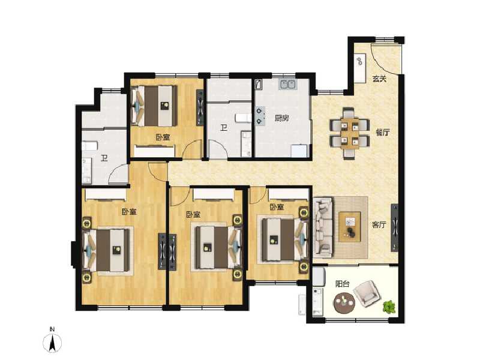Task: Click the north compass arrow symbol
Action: [53, 343]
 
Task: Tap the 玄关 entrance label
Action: [378, 79]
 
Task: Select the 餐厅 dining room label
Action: [383, 133]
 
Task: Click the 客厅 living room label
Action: [378, 225]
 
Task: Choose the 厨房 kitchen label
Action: [282, 118]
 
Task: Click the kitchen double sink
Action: [285, 85]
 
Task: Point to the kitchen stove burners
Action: [260, 115]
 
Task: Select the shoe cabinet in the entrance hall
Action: [359, 69]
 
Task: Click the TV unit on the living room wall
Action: [395, 228]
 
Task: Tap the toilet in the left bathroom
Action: [89, 146]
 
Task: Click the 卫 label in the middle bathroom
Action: [223, 127]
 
